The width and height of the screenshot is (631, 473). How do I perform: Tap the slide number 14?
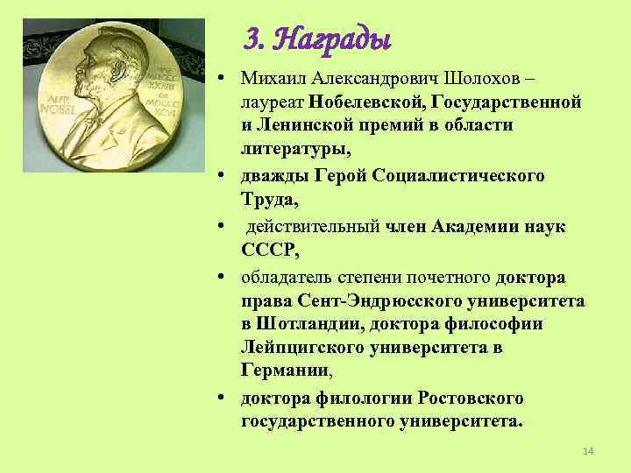[x=588, y=450]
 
